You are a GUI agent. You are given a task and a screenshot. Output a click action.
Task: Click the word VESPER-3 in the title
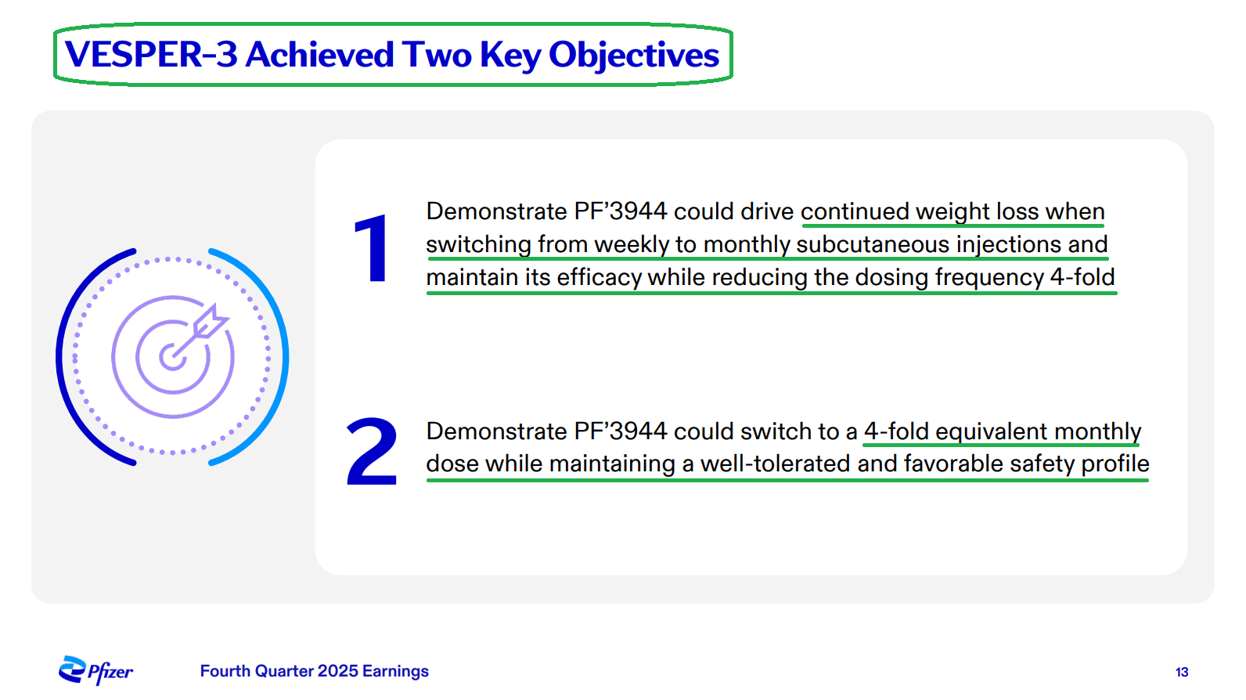(151, 55)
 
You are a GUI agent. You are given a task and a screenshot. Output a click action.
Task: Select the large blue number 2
(372, 451)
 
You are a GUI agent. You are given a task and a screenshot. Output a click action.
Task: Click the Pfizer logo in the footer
(95, 670)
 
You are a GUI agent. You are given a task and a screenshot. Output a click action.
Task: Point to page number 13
(1182, 672)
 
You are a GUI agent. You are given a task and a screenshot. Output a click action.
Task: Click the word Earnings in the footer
(395, 672)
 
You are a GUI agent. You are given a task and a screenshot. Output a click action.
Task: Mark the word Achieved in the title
(320, 55)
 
